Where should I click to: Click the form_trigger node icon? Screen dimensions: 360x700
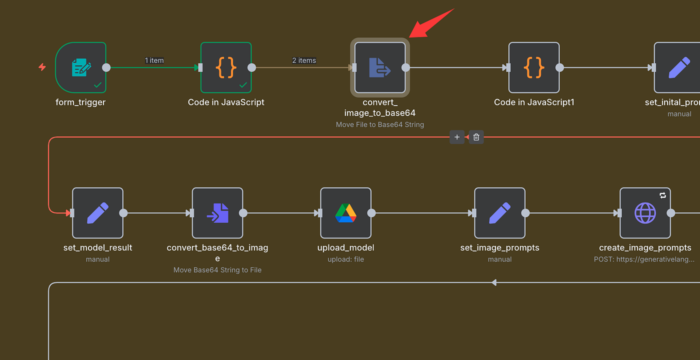[x=81, y=67]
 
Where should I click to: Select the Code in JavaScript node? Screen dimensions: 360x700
[x=226, y=67]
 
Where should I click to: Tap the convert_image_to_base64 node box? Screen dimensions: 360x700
[x=380, y=67]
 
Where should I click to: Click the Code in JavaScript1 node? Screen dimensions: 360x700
[x=534, y=67]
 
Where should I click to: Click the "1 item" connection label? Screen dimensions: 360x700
[x=154, y=60]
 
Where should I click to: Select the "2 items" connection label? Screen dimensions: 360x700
[x=304, y=60]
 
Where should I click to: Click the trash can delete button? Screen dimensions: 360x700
[x=476, y=137]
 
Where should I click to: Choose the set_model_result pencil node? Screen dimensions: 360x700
[x=97, y=213]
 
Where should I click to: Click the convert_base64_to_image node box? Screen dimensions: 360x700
[x=217, y=213]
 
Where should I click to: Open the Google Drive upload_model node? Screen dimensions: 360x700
[x=345, y=213]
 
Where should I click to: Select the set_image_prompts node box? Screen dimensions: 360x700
[x=499, y=213]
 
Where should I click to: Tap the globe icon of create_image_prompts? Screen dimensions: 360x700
[x=645, y=213]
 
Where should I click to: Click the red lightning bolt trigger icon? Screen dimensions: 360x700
[x=42, y=67]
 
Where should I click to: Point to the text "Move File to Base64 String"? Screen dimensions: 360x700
[x=380, y=124]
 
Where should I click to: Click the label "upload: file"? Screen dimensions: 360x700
[x=345, y=259]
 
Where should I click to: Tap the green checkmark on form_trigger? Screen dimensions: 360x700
[x=97, y=85]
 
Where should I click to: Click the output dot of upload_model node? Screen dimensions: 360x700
[x=371, y=213]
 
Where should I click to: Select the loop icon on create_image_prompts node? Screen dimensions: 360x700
[x=662, y=195]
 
